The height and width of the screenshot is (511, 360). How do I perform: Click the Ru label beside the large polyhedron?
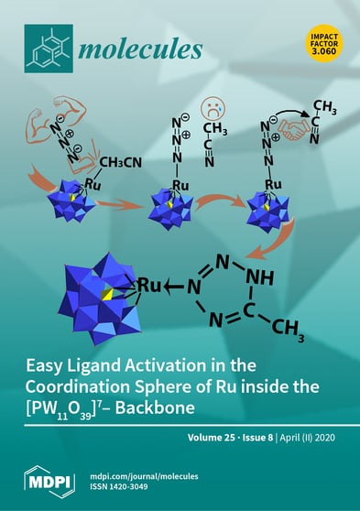coord(149,286)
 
